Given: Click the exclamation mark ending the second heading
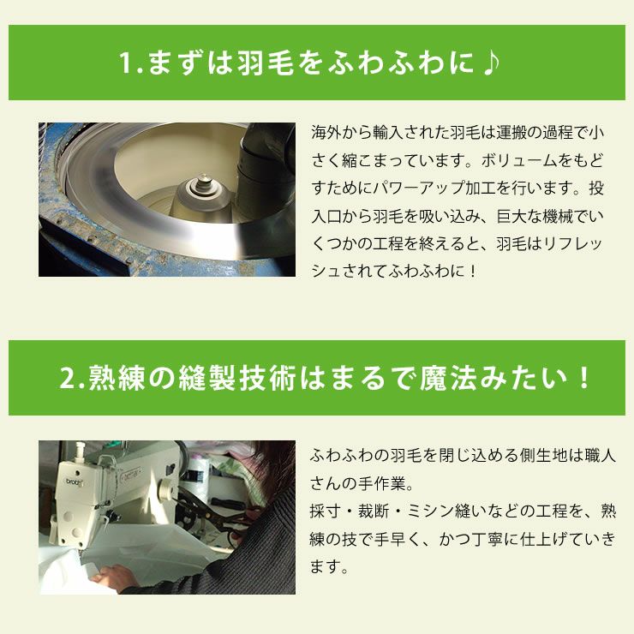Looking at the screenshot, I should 585,379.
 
